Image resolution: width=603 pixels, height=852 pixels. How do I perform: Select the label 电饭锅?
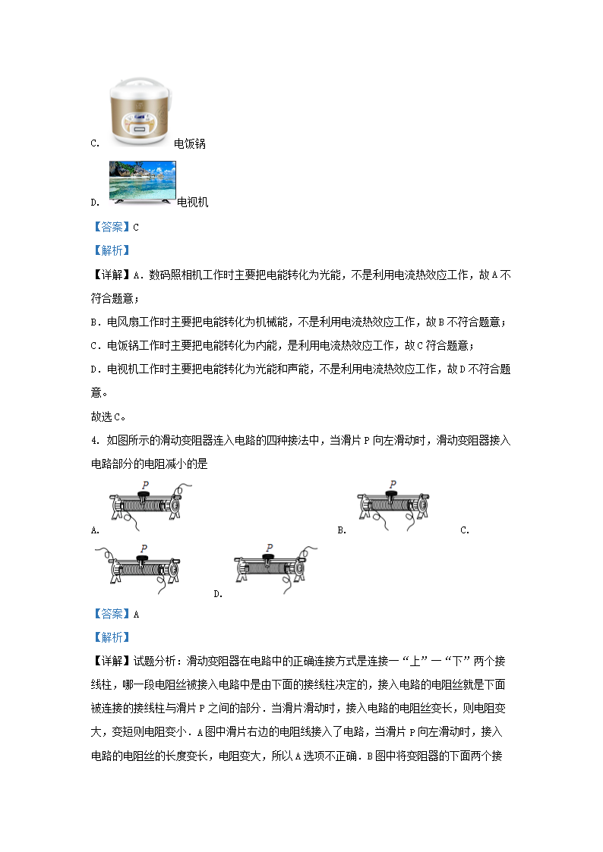[x=190, y=143]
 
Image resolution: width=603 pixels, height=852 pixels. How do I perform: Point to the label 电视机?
[x=192, y=203]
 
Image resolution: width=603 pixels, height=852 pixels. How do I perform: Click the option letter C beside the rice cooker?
[x=93, y=143]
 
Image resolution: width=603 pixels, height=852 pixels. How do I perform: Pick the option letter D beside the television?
[x=93, y=203]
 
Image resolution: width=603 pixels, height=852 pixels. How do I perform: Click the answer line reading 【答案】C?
[x=115, y=226]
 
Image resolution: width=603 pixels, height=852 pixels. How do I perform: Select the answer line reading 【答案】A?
[x=115, y=615]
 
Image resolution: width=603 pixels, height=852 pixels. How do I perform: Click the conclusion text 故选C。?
[x=108, y=416]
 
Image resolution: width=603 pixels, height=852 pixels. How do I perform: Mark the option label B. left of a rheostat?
[x=342, y=530]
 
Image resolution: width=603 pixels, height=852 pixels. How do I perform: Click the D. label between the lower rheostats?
[x=218, y=594]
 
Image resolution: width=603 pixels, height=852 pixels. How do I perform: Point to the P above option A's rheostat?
[x=144, y=485]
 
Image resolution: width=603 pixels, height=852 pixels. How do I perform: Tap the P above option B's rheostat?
[x=392, y=484]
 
